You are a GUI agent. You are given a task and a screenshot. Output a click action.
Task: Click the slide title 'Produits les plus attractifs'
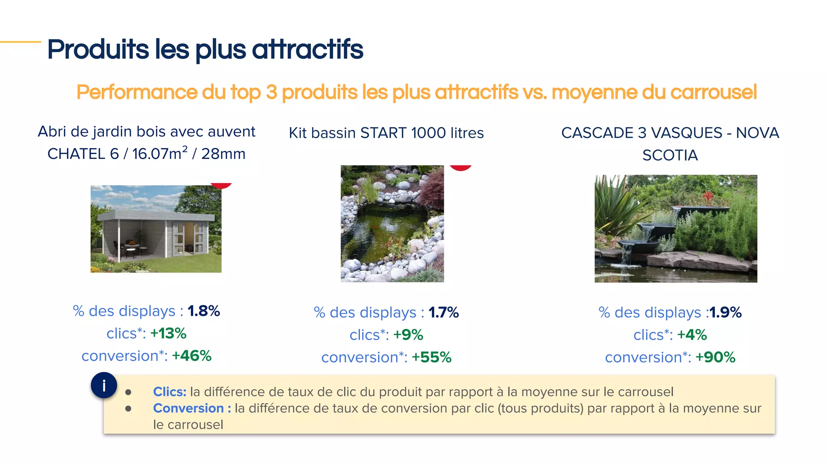tap(205, 49)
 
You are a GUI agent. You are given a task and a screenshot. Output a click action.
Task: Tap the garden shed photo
tap(156, 229)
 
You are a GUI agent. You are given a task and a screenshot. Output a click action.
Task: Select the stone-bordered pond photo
tap(392, 223)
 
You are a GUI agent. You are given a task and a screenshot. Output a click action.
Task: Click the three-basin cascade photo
tap(676, 229)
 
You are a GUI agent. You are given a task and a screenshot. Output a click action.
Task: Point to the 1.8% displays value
tap(204, 311)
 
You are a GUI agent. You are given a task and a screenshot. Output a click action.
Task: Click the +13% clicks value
tap(168, 334)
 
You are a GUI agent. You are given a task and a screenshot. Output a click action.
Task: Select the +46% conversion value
tap(192, 356)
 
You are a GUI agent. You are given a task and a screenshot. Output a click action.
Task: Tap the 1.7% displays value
tap(444, 313)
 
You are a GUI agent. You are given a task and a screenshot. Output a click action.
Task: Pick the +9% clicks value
tap(408, 335)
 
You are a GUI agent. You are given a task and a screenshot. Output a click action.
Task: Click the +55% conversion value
tap(431, 358)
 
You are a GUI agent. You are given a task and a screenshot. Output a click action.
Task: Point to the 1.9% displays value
tap(725, 313)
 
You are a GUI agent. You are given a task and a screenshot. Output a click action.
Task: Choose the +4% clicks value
tap(692, 335)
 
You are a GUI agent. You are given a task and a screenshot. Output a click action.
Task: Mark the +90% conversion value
tap(715, 358)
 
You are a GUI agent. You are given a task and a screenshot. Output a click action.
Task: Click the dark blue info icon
tap(104, 386)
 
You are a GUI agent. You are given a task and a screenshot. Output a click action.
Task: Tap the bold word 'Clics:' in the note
tap(169, 392)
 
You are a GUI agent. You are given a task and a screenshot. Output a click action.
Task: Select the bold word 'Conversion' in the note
tap(188, 409)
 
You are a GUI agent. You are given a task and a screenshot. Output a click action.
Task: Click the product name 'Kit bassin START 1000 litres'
tap(386, 133)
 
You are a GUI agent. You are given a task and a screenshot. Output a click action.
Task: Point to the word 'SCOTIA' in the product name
tap(670, 155)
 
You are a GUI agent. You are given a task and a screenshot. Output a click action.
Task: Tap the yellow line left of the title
tap(20, 42)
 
